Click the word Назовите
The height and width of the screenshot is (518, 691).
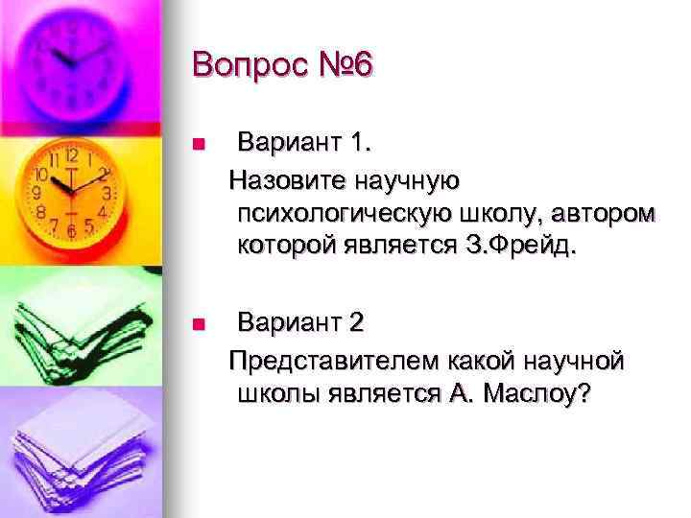(x=286, y=178)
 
